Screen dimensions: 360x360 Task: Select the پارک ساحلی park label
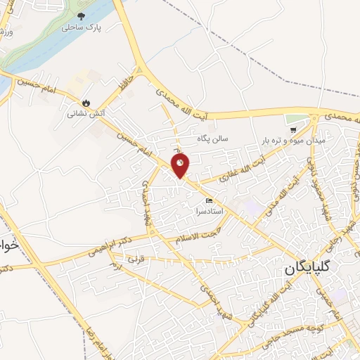(x=81, y=27)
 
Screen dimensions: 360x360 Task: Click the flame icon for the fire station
(x=86, y=102)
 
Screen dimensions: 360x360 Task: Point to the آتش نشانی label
(x=85, y=112)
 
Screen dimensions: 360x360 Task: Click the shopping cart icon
(x=293, y=129)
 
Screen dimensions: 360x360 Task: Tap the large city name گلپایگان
(x=318, y=270)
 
